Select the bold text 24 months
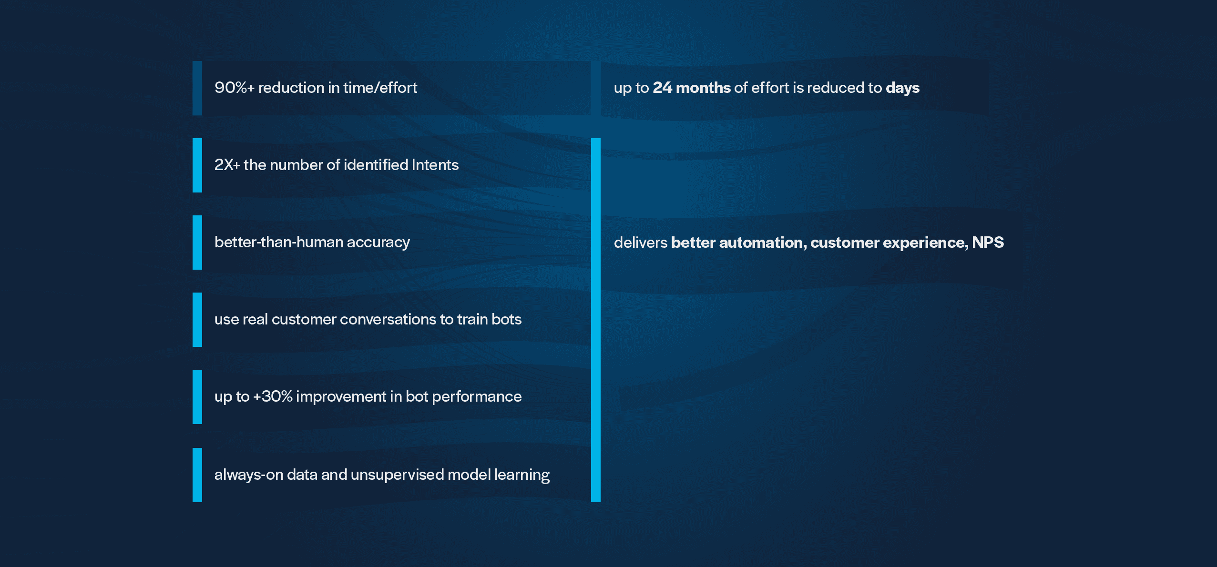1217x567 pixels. click(x=691, y=88)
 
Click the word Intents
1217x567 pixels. click(x=435, y=165)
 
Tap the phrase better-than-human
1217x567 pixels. click(x=278, y=242)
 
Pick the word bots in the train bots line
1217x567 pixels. click(x=506, y=319)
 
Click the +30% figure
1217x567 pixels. click(x=273, y=396)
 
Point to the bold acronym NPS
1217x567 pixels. click(x=988, y=243)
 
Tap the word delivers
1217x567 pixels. click(x=641, y=243)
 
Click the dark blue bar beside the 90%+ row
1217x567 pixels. click(x=197, y=88)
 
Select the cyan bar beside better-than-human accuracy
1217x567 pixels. click(x=197, y=243)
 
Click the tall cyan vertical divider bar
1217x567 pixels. click(x=596, y=320)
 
